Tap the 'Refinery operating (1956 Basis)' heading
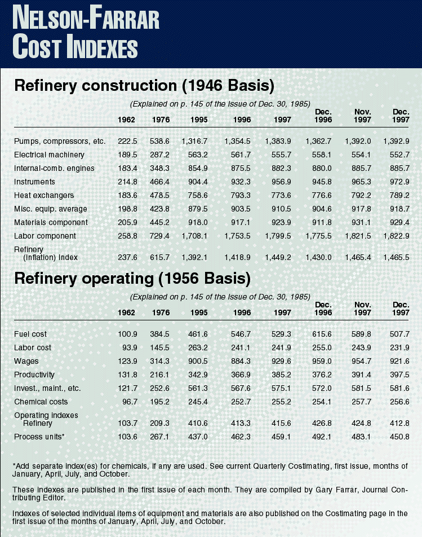(x=132, y=278)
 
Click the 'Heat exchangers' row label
(x=43, y=195)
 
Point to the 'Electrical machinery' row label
(x=49, y=155)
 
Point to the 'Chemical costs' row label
(x=41, y=402)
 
